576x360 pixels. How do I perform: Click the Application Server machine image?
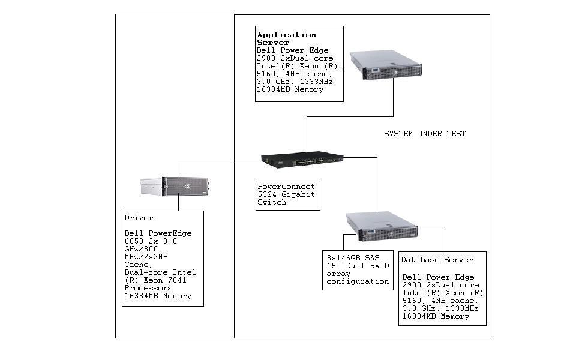(386, 64)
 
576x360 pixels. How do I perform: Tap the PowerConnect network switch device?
(302, 159)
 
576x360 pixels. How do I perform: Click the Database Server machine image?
(382, 226)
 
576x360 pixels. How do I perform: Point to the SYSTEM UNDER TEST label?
(424, 134)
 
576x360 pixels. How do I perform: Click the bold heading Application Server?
(286, 39)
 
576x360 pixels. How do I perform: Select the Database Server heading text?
(437, 260)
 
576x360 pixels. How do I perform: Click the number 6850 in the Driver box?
(134, 241)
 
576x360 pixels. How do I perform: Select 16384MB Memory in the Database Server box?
(436, 316)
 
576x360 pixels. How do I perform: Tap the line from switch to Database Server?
(377, 186)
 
